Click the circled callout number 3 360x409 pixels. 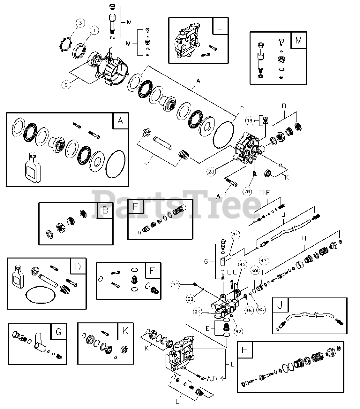[x=81, y=23]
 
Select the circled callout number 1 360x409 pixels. [x=94, y=31]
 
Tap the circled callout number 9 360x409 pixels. [x=66, y=85]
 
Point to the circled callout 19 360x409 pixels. [x=250, y=121]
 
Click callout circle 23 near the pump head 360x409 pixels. [x=211, y=172]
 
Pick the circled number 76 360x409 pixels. [x=247, y=191]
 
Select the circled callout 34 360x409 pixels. [x=235, y=235]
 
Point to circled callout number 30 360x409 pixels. [x=175, y=284]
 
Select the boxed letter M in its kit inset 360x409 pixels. [x=298, y=40]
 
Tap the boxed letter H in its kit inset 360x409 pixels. [x=245, y=350]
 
